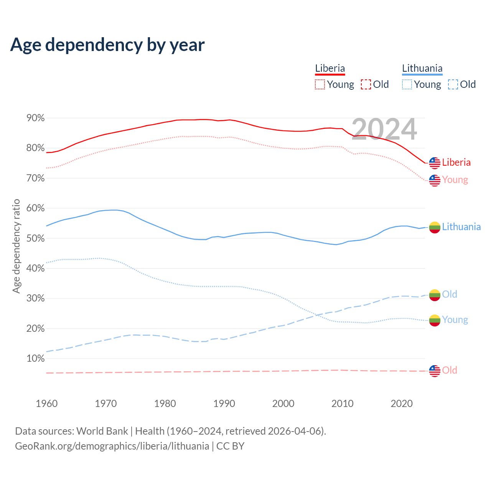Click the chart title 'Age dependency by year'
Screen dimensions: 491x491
tap(107, 45)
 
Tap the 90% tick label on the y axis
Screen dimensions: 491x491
tap(36, 118)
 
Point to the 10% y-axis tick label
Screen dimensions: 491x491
tap(36, 359)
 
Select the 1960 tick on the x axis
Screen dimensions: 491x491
tap(46, 404)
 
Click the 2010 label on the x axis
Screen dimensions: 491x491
tap(342, 404)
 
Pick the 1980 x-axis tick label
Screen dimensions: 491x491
tap(165, 404)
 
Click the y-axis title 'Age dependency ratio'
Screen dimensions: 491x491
tap(16, 246)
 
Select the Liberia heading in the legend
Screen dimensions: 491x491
tap(330, 69)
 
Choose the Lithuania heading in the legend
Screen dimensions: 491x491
tap(422, 69)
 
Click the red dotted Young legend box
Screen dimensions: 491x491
tap(320, 84)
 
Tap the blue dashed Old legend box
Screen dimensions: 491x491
tap(453, 84)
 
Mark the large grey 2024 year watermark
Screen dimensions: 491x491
tap(384, 129)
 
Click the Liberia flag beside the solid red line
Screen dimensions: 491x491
tap(435, 163)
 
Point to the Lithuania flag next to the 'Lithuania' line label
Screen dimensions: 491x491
tap(435, 227)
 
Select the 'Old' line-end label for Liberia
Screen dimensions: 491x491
tap(450, 370)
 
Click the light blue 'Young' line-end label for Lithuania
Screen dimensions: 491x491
tap(455, 320)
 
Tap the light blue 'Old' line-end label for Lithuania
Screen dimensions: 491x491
tap(450, 294)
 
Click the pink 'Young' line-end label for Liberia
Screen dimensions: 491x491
tap(455, 180)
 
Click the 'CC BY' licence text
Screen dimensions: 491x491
tap(230, 446)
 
